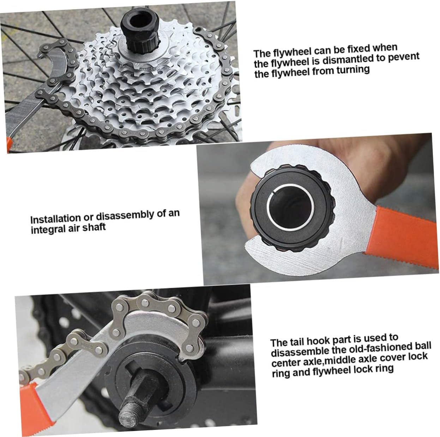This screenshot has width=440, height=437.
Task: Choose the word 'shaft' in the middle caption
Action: pos(94,227)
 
